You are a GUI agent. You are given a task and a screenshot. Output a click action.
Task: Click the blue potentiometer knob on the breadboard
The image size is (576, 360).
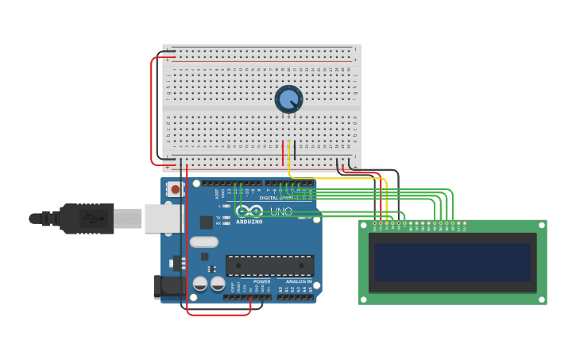pyautogui.click(x=288, y=99)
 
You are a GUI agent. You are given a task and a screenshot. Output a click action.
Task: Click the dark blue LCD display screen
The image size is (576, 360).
pyautogui.click(x=452, y=262)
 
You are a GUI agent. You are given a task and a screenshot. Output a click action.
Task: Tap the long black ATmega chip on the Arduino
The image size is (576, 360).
pyautogui.click(x=269, y=265)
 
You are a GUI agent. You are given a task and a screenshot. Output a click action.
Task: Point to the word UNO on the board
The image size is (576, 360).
pyautogui.click(x=282, y=211)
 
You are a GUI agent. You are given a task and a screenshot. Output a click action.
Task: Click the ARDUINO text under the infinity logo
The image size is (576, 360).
pyautogui.click(x=249, y=222)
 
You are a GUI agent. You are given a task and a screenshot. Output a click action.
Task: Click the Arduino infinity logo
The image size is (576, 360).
pyautogui.click(x=249, y=211)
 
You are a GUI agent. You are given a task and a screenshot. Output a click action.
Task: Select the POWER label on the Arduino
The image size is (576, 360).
pyautogui.click(x=261, y=281)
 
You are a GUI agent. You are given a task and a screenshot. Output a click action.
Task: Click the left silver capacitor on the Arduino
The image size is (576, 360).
pyautogui.click(x=200, y=283)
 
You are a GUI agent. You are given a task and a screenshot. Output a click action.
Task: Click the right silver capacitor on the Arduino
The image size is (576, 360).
pyautogui.click(x=218, y=283)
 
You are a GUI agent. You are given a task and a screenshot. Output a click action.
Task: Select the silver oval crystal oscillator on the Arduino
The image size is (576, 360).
pyautogui.click(x=204, y=242)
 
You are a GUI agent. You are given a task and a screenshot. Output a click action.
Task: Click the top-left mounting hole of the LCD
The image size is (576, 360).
pyautogui.click(x=364, y=225)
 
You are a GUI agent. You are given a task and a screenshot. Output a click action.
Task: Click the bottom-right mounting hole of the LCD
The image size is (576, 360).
pyautogui.click(x=542, y=300)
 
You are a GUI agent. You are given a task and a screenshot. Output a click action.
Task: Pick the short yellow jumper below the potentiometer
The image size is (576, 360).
pyautogui.click(x=288, y=153)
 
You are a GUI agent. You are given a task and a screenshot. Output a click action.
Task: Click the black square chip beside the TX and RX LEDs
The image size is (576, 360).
pyautogui.click(x=206, y=222)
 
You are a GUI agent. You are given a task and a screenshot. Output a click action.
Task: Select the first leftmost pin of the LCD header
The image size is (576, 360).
pyautogui.click(x=374, y=223)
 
